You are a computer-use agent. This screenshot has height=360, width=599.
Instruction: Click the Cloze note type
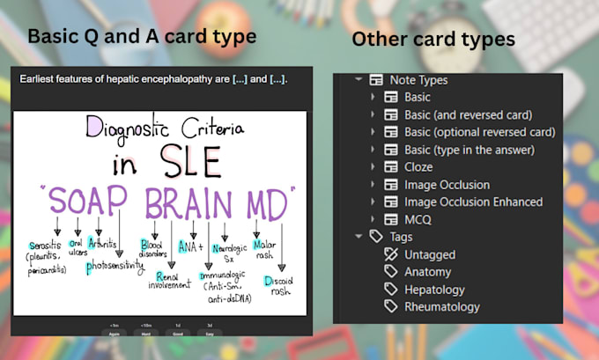(x=418, y=167)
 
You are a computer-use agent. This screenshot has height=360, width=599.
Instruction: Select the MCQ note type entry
(x=418, y=219)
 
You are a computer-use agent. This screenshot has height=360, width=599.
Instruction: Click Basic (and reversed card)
(x=468, y=114)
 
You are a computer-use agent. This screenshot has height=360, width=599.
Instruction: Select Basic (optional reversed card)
(x=479, y=132)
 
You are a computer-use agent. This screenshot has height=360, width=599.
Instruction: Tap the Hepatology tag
(x=434, y=290)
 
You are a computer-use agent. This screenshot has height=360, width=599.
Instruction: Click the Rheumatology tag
(x=442, y=307)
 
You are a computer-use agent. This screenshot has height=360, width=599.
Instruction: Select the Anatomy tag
(x=427, y=272)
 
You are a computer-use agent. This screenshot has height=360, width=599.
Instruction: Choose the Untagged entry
(x=430, y=254)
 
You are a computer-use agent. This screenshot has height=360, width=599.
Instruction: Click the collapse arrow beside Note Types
(x=359, y=80)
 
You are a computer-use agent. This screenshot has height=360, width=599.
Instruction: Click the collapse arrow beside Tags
(x=359, y=237)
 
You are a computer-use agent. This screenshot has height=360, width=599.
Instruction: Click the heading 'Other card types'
(x=433, y=40)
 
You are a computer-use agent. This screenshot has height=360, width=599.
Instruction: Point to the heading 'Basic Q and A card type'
(x=142, y=36)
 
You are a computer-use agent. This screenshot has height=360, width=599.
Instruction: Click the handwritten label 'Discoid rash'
(x=282, y=286)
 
